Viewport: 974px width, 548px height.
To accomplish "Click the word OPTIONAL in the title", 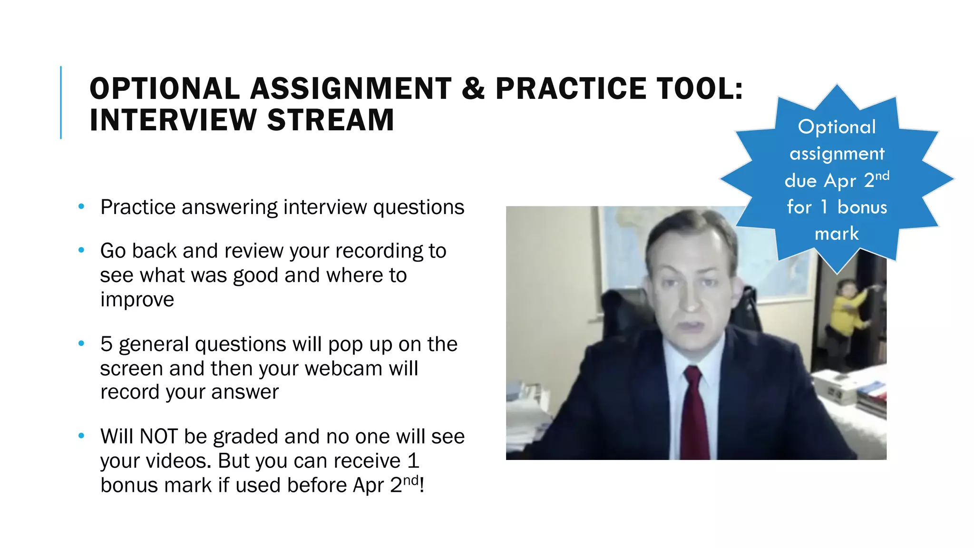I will pos(165,89).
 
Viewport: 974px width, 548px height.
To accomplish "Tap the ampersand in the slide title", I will pos(473,89).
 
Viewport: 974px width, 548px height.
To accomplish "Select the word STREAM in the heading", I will pos(331,120).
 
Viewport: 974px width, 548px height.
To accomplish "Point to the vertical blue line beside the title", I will pos(61,102).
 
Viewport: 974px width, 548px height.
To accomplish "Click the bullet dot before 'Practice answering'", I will pos(81,206).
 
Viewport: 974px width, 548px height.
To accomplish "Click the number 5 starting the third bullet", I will pos(106,344).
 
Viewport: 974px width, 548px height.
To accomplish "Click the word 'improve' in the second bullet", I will pos(137,299).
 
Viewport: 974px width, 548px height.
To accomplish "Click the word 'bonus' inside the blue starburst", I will pos(862,207).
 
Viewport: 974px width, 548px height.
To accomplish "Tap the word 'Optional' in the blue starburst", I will pos(837,127).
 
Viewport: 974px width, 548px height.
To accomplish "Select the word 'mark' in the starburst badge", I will pos(837,234).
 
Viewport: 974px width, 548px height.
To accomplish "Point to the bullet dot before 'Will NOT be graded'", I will pos(81,435).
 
